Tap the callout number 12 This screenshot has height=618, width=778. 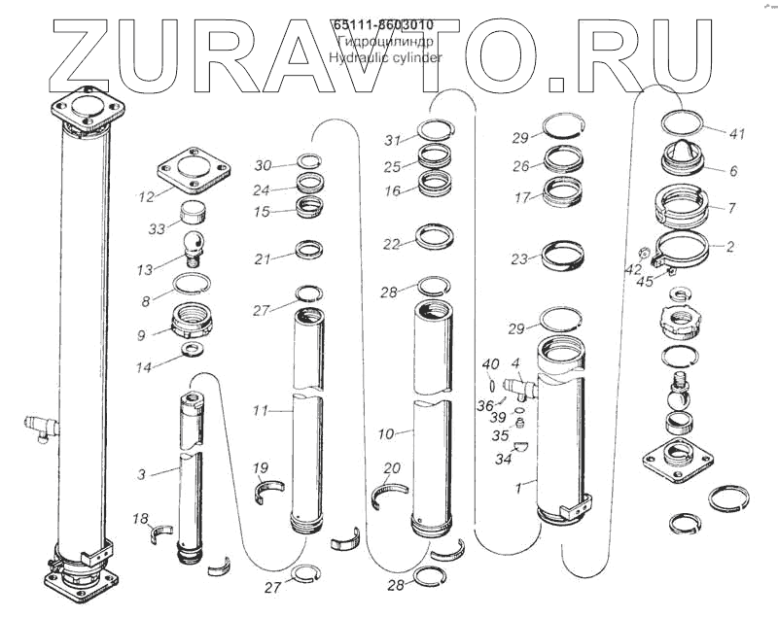coord(146,197)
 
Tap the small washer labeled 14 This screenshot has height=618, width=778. coord(193,349)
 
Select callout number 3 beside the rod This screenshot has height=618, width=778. coord(142,474)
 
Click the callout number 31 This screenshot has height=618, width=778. coord(392,138)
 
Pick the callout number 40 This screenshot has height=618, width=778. coord(491,364)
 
